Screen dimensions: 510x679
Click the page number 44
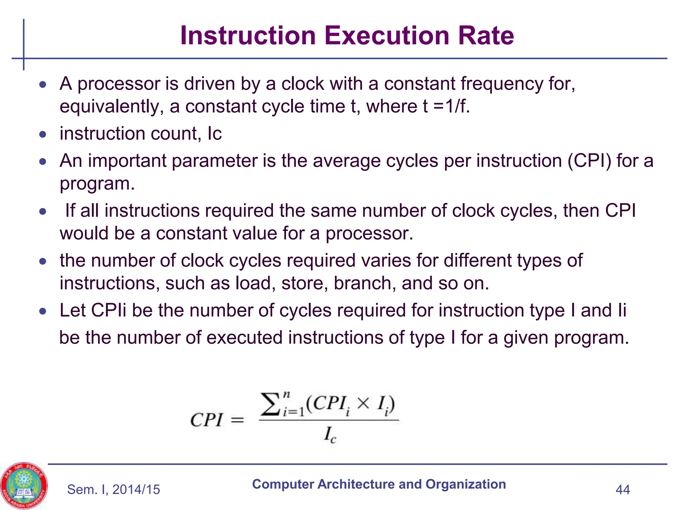tap(622, 489)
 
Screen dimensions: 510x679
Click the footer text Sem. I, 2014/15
tap(113, 489)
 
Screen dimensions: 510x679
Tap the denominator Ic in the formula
tap(330, 435)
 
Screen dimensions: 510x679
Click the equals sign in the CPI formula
tap(237, 420)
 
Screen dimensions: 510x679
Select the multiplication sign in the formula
tap(363, 404)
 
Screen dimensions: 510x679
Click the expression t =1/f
tap(446, 107)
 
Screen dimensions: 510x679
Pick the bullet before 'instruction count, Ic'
tap(42, 134)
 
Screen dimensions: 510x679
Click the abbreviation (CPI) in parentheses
tap(589, 161)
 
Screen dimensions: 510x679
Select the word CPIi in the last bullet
tap(108, 310)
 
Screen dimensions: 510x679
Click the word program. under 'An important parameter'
tap(97, 184)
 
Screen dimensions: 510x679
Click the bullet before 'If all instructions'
tap(42, 211)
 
